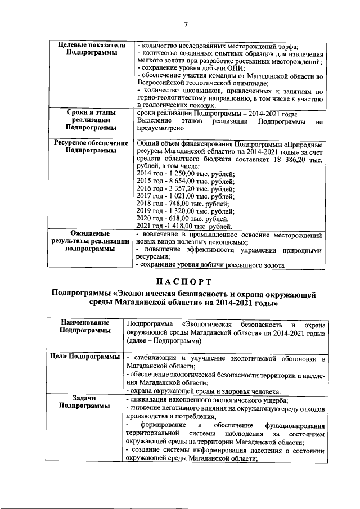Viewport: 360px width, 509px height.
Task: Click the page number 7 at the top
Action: point(184,24)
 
